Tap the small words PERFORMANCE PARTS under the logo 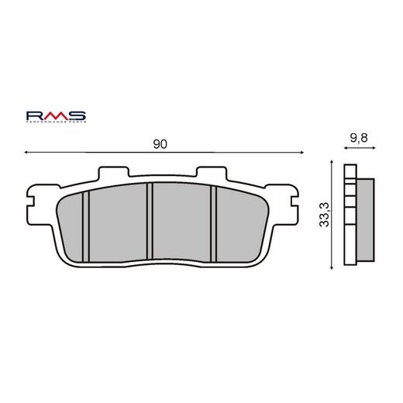tap(57, 122)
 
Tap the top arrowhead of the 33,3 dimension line tap(333, 166)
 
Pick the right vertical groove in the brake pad tap(212, 226)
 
